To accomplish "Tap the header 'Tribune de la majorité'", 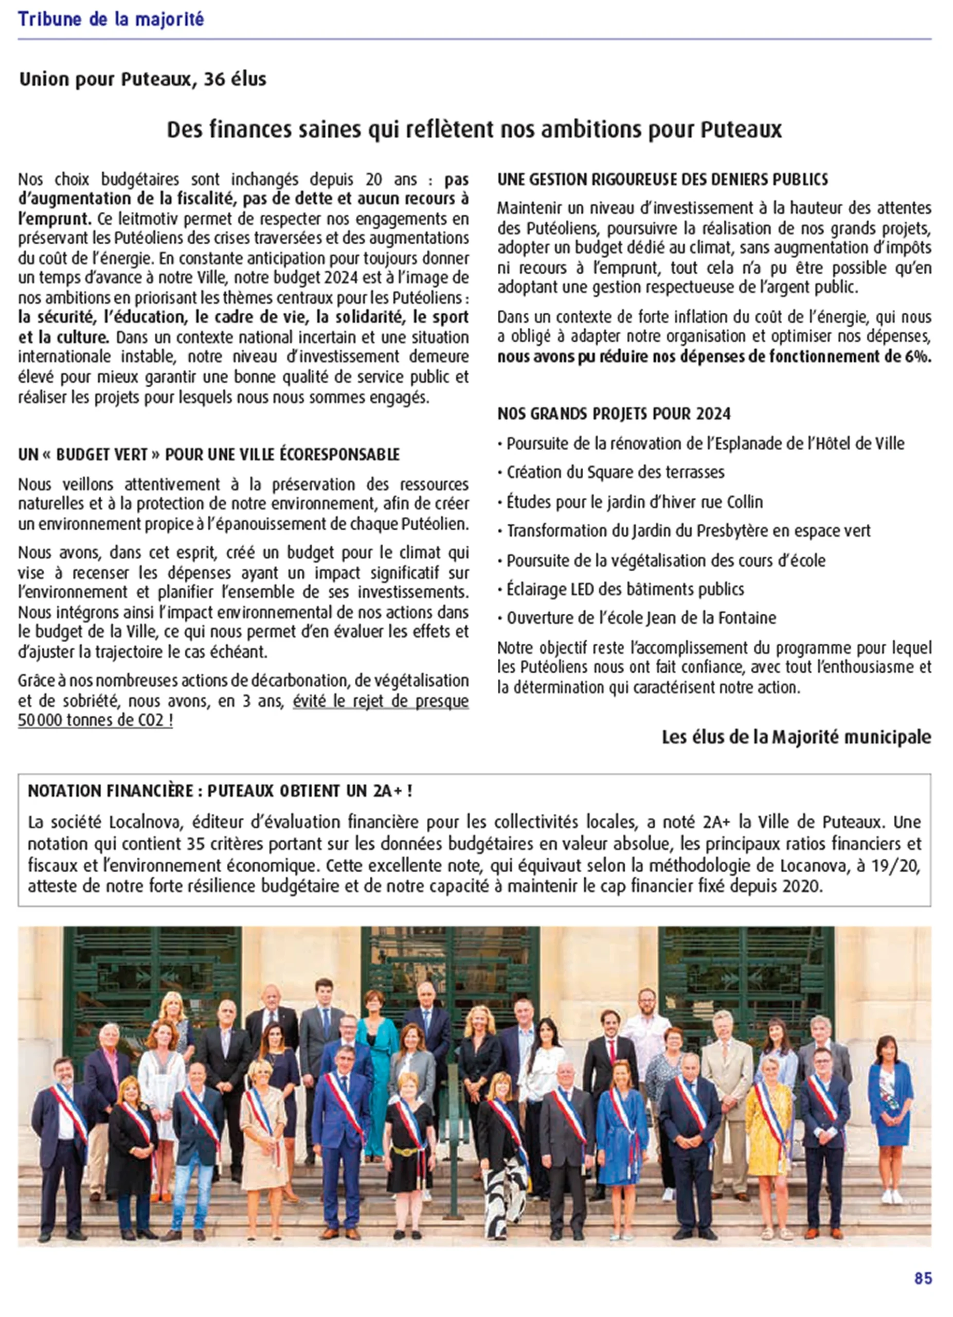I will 111,20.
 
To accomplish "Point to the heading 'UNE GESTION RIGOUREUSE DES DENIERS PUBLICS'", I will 662,180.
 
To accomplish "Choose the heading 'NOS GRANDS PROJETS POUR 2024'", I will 614,414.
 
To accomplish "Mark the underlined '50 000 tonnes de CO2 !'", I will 95,721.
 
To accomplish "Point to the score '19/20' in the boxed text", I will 902,866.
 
